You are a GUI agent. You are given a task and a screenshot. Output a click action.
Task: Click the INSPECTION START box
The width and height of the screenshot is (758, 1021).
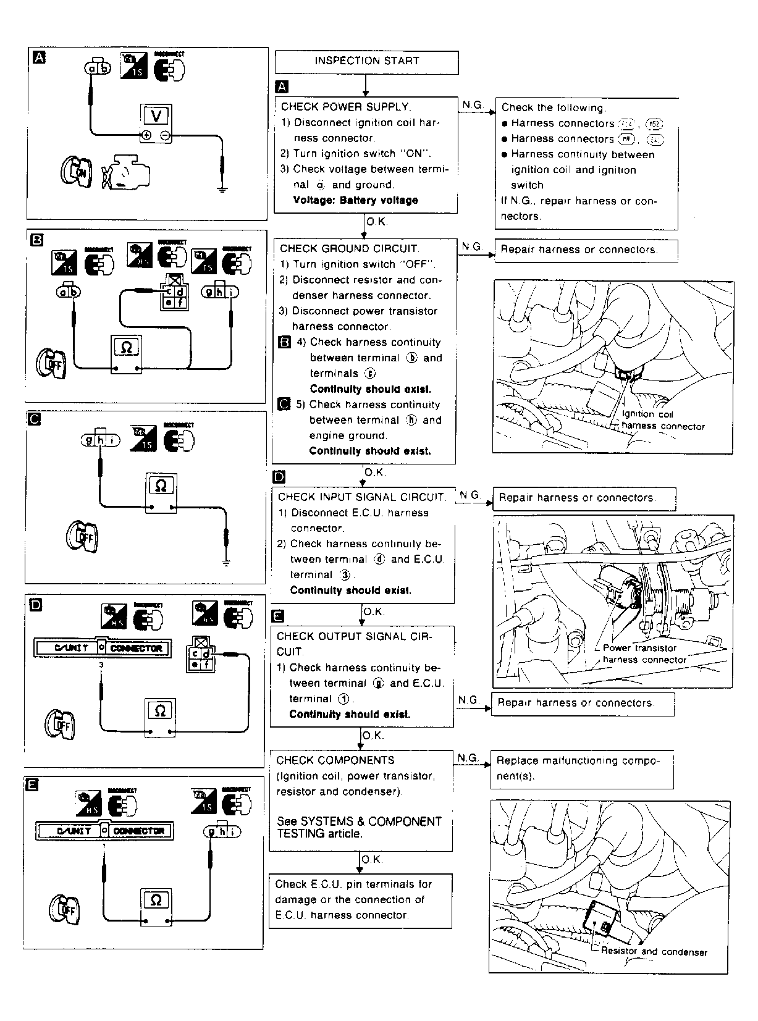point(366,62)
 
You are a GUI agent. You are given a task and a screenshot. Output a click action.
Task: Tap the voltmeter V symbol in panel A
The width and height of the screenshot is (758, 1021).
point(155,116)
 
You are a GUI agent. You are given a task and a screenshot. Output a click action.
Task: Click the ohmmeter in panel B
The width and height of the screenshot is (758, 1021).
point(126,349)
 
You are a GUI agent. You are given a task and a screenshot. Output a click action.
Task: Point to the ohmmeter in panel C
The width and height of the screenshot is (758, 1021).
point(161,487)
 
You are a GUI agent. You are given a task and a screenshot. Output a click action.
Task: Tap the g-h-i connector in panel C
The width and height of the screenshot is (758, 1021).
point(101,440)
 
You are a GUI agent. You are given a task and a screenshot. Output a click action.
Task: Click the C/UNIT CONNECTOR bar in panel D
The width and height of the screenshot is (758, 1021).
point(103,648)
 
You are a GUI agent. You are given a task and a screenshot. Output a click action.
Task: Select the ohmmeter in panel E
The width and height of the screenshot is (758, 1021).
point(156,901)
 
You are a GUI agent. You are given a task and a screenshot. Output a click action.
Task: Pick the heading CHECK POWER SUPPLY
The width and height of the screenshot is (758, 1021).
point(345,107)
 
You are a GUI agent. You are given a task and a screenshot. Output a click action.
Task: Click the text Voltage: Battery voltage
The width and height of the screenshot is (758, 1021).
point(355,200)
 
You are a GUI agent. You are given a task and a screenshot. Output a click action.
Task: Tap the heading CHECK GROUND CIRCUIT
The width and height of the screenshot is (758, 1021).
point(348,248)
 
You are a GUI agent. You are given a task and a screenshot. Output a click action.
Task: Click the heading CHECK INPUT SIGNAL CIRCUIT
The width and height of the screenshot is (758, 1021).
point(361,497)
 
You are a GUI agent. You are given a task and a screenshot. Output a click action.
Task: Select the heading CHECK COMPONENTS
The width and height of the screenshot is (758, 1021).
point(335,760)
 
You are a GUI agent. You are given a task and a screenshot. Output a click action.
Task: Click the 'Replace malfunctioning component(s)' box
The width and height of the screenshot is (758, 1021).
point(581,769)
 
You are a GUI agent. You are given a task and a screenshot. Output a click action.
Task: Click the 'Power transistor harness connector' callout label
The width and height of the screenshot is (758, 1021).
point(644,653)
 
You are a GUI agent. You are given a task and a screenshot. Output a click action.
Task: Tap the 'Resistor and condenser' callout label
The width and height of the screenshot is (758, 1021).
point(654,952)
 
